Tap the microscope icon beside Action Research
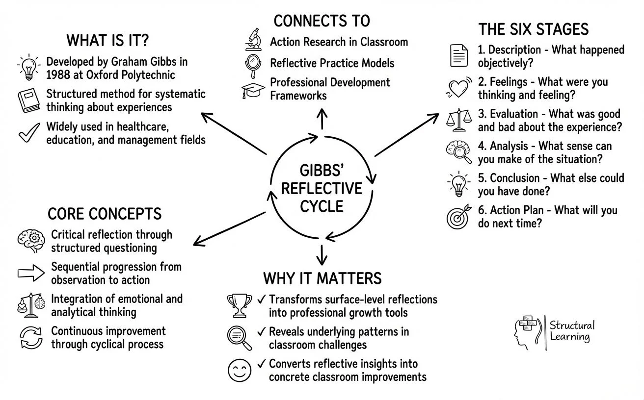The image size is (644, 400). point(253,40)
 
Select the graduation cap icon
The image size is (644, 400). point(253,91)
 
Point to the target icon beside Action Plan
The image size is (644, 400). point(458,216)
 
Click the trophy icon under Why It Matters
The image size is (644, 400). point(240,305)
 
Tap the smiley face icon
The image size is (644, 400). point(240,370)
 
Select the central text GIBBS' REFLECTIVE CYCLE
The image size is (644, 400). point(322,189)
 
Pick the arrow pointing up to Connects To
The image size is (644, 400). point(322,119)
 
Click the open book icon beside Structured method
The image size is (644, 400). point(28,100)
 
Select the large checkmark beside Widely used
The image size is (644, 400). point(28,133)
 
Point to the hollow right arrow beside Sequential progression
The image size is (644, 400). point(31,273)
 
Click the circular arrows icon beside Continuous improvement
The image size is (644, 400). point(31,338)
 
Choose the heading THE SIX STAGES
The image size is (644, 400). point(533,29)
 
